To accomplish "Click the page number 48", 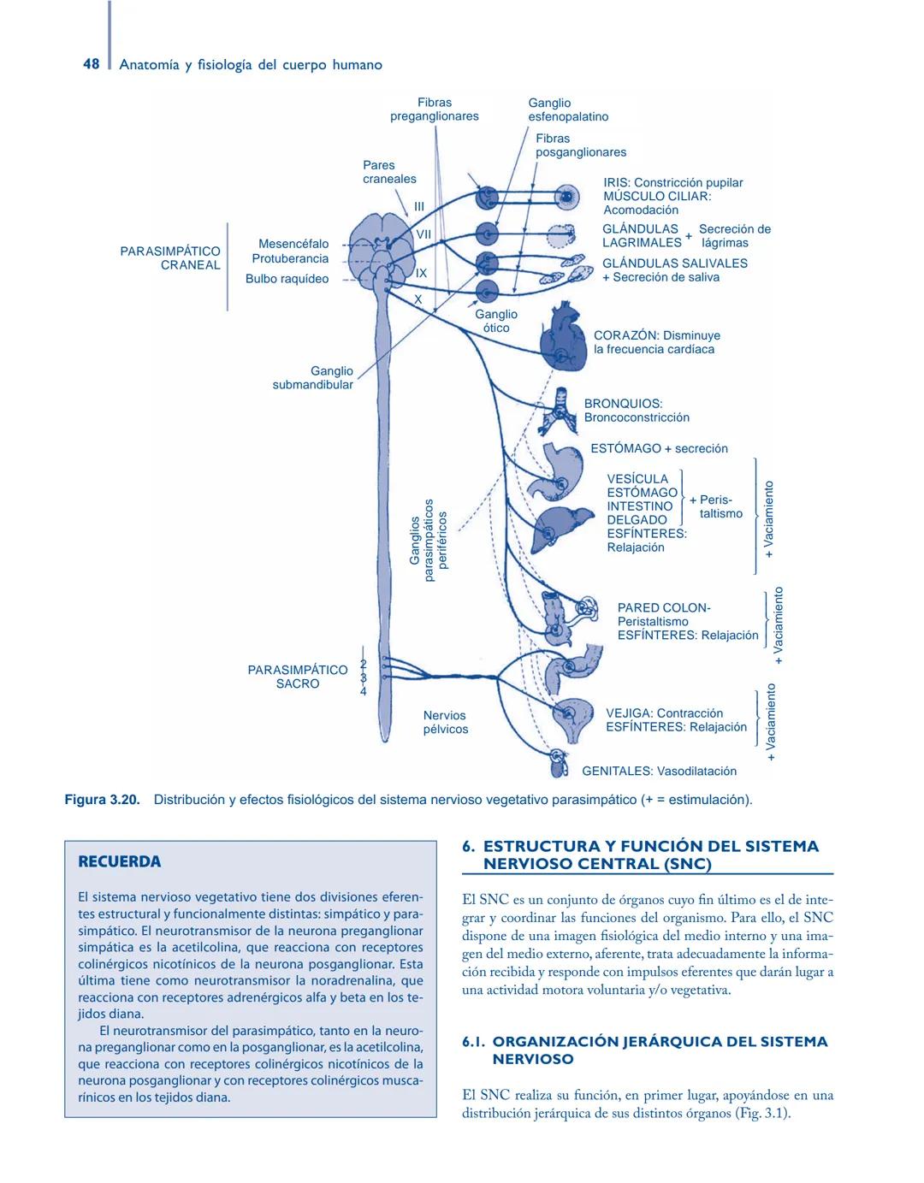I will click(91, 64).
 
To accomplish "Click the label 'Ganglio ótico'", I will click(495, 321).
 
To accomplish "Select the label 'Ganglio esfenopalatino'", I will click(568, 109).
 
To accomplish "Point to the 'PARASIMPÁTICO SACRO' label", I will click(298, 677).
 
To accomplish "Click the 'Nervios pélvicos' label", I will click(446, 722).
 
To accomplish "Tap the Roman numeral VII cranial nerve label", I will click(423, 234).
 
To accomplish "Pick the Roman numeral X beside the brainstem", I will click(418, 299).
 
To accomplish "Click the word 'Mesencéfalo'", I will click(293, 244).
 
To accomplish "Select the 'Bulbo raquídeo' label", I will click(287, 279).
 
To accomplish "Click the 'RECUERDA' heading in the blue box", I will click(119, 861).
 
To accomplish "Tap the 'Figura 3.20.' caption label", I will click(102, 800).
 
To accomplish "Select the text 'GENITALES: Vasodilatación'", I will click(659, 771).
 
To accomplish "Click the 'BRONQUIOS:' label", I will click(623, 404).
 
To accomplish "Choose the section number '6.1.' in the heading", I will click(474, 1041).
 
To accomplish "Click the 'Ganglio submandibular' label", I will click(313, 377).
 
